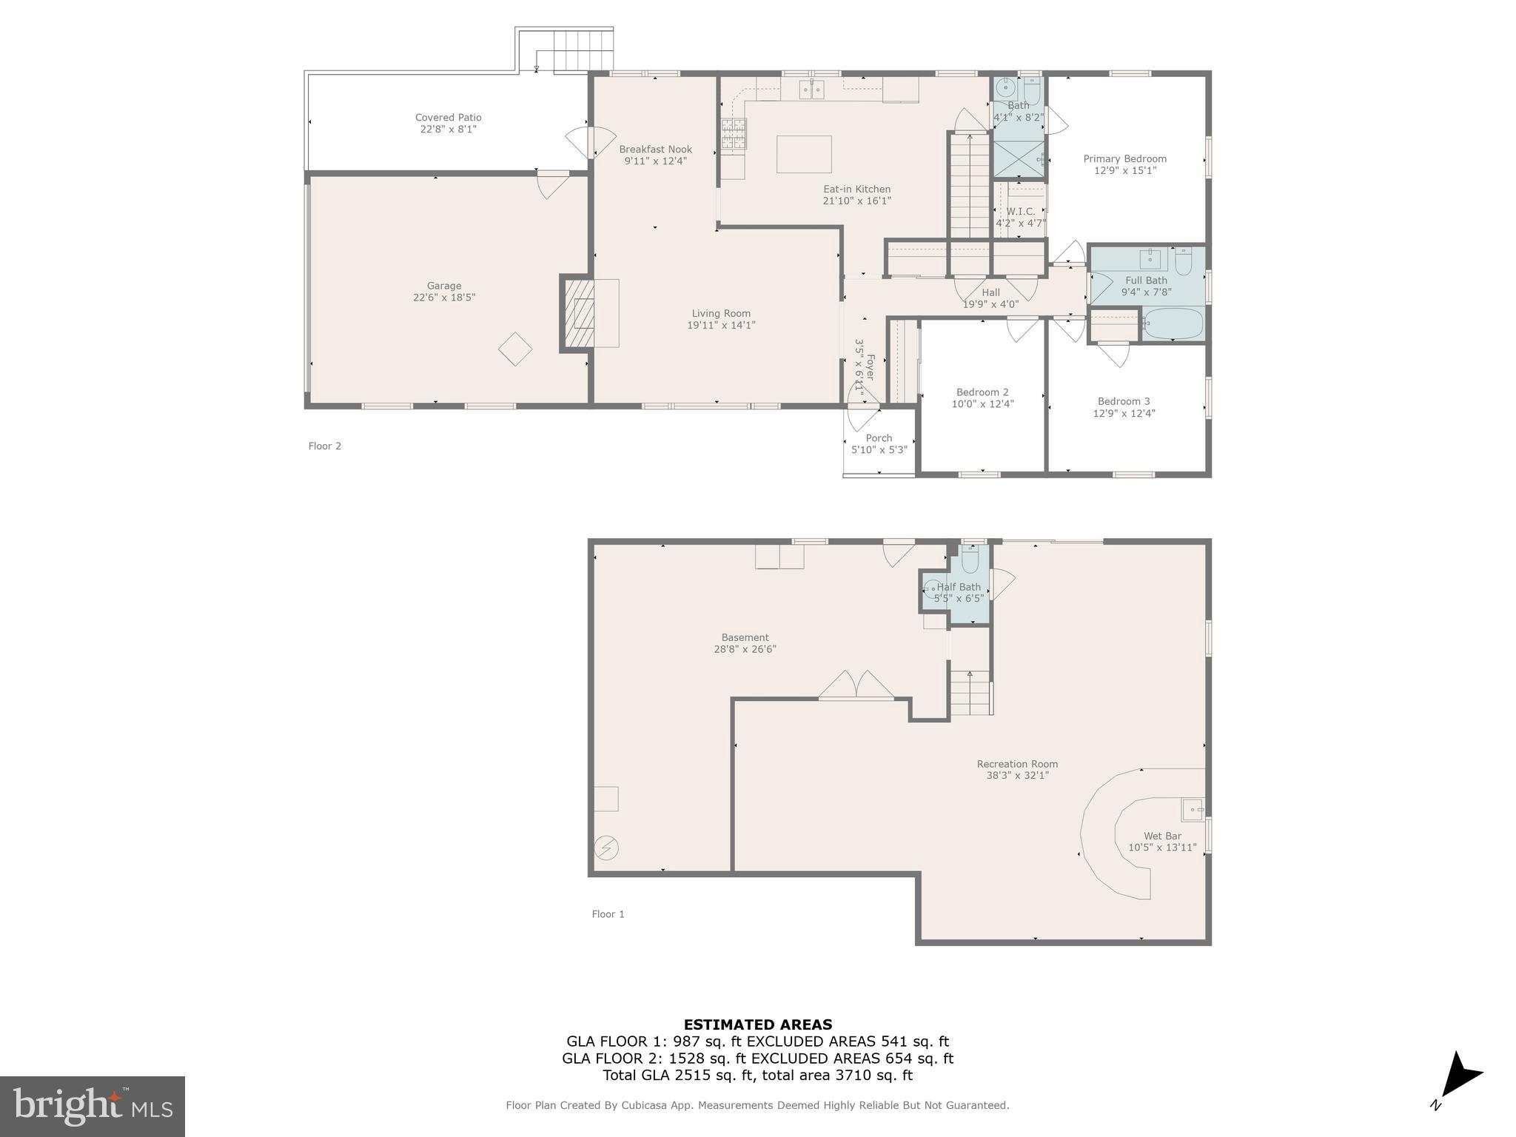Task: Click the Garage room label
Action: [443, 286]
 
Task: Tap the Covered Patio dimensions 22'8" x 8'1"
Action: [448, 130]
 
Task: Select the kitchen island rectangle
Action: [803, 154]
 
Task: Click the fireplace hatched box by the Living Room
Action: [580, 313]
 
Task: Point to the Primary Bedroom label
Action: [1124, 158]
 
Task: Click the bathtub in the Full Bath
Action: [1174, 323]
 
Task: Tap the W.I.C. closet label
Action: [1020, 212]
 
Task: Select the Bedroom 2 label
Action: [982, 392]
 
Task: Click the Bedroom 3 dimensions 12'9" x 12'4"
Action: [1124, 414]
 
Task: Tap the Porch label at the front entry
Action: [879, 438]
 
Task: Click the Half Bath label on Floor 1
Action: [959, 587]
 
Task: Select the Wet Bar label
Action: [1162, 836]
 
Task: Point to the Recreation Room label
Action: [1017, 764]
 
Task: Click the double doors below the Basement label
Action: [856, 685]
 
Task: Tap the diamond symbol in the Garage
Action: [515, 349]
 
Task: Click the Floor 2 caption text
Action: [324, 446]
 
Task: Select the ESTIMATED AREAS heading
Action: [757, 1024]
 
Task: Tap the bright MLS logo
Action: [92, 1107]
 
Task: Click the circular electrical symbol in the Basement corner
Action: [606, 848]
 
